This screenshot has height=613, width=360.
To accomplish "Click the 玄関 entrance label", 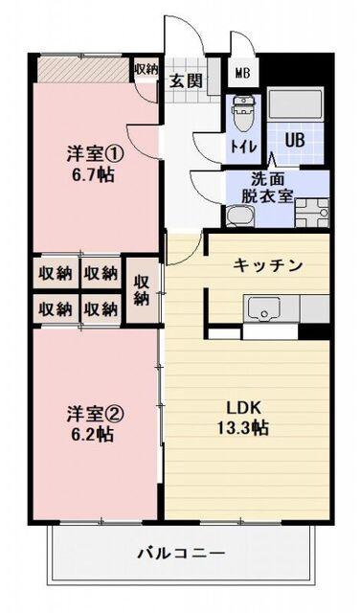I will [187, 80].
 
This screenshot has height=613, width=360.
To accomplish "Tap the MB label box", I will [242, 73].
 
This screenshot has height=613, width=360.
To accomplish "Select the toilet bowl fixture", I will [243, 116].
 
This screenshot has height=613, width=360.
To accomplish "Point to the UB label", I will [294, 139].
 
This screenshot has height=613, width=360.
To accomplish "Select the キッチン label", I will [269, 264].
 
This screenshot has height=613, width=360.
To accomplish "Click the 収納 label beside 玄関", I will [146, 69].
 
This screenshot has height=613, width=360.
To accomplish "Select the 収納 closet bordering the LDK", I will [141, 290].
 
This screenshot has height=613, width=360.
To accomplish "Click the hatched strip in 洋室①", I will [82, 70].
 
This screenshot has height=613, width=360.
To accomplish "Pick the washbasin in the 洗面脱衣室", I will [238, 219].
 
